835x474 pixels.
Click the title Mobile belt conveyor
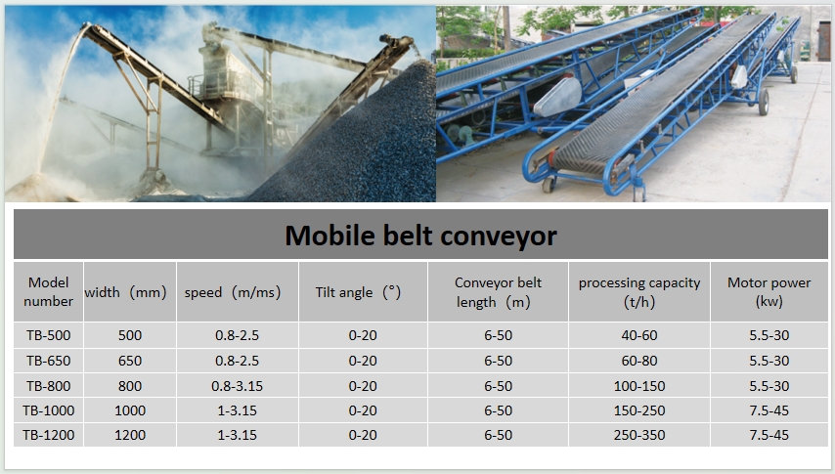(420, 235)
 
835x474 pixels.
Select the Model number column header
(49, 291)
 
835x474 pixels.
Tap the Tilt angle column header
(358, 292)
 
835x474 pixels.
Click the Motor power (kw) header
(769, 291)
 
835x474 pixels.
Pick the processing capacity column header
(639, 292)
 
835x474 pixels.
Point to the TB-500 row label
(49, 335)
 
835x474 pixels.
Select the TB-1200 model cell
(49, 435)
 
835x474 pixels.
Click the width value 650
(130, 361)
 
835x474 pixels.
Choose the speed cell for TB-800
(237, 386)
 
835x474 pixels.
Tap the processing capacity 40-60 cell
(639, 335)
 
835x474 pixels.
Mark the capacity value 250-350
(639, 435)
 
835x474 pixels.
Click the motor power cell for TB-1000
(769, 410)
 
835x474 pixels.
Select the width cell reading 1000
(130, 410)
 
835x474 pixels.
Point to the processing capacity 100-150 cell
(639, 386)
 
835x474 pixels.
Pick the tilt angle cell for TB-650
(363, 361)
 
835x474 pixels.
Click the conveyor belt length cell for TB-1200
(498, 435)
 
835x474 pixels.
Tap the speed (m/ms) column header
(233, 292)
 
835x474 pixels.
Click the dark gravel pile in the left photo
(357, 150)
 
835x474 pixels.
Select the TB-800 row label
(49, 386)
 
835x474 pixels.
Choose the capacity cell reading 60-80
(639, 361)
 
